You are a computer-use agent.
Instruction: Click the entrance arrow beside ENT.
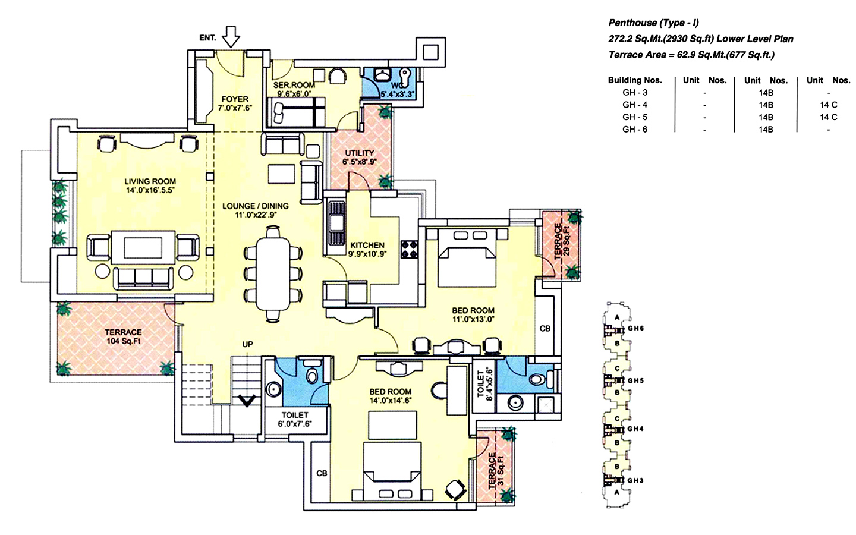(231, 37)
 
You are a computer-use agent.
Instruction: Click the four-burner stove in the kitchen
(410, 249)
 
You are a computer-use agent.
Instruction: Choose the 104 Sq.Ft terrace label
(123, 336)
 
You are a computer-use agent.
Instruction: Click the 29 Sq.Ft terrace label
(562, 241)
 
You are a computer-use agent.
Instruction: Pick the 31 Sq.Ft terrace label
(496, 470)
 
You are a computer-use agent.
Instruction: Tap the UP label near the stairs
(247, 344)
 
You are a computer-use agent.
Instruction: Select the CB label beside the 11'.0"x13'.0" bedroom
(545, 328)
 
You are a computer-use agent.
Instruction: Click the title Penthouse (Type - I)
(653, 23)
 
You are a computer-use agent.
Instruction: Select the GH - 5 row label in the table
(634, 117)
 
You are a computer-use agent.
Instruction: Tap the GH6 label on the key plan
(635, 328)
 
